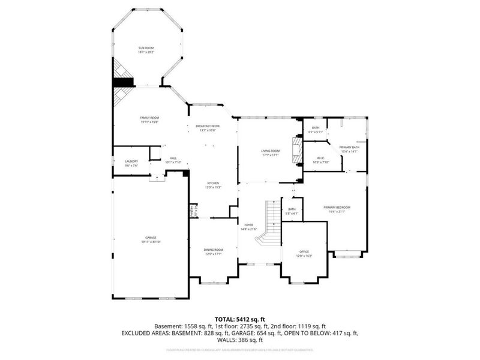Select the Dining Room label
214,251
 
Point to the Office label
304,253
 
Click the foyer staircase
270,222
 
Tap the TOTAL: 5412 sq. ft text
240,319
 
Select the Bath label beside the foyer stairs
292,211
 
